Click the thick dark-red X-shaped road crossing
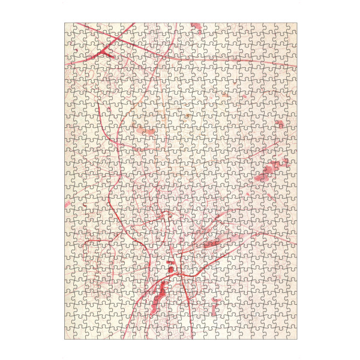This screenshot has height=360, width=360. click(x=107, y=52)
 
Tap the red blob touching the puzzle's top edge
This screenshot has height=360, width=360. click(x=196, y=26)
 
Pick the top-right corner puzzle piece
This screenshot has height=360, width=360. click(x=292, y=28)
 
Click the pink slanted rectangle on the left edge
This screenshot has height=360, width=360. click(x=67, y=204)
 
